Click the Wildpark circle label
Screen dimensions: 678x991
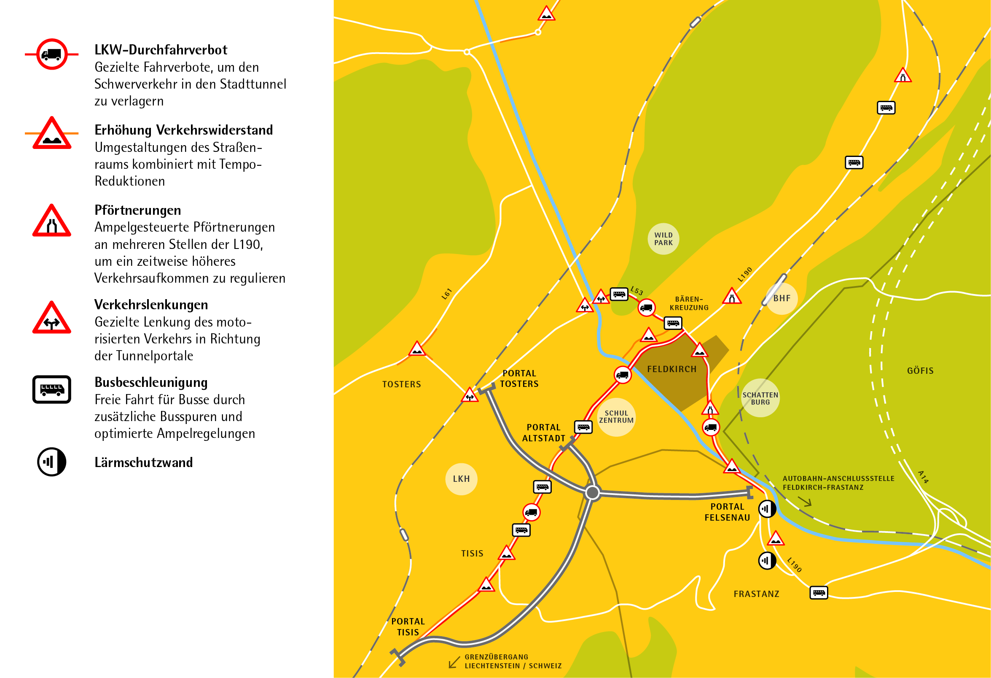pos(663,239)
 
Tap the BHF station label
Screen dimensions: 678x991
pos(782,298)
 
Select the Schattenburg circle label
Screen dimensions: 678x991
pos(760,398)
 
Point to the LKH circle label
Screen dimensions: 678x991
pos(461,479)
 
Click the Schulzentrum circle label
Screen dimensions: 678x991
pos(616,417)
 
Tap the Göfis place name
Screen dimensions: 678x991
pos(920,371)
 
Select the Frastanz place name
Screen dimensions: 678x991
pos(756,594)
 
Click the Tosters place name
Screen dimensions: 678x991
pos(401,384)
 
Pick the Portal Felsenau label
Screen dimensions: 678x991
pos(727,512)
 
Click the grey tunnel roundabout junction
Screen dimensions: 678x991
pos(592,493)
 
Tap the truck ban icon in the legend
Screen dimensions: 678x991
pos(51,54)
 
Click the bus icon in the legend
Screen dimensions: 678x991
pos(51,389)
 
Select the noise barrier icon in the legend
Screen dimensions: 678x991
pos(51,462)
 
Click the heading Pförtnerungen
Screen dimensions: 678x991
pos(137,210)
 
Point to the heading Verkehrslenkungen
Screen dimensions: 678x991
pos(151,305)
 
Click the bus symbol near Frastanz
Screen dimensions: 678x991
pos(818,593)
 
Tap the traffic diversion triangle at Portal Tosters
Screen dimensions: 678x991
pos(470,396)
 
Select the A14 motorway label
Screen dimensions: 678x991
pos(923,477)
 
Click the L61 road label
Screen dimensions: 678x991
pos(446,294)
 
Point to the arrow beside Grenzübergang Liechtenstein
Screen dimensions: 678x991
pos(454,662)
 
